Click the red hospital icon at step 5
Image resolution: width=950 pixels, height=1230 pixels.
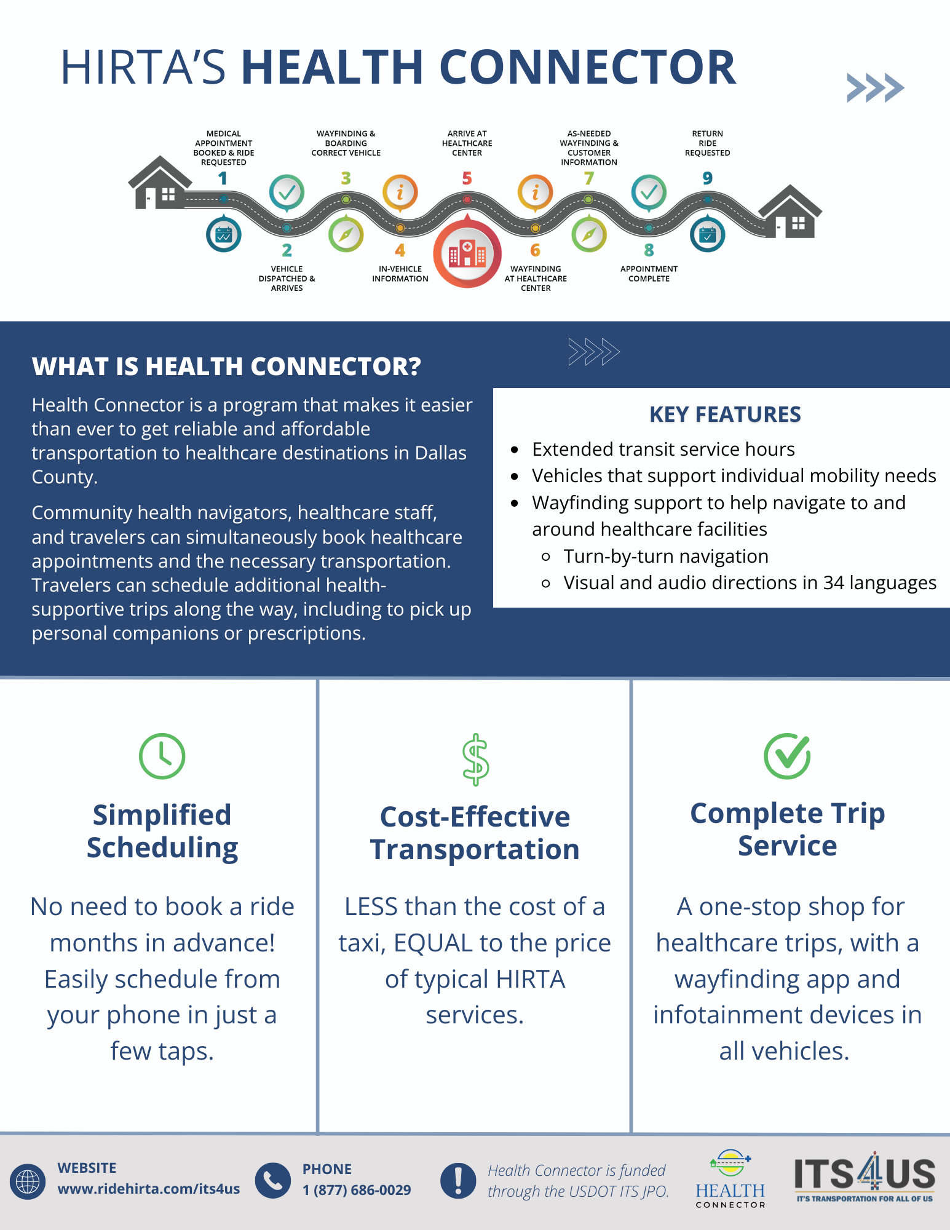pyautogui.click(x=467, y=253)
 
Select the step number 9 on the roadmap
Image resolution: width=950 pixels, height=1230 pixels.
pyautogui.click(x=707, y=178)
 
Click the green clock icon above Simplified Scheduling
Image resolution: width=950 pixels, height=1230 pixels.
pyautogui.click(x=162, y=756)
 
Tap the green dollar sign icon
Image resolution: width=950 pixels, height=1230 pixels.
pyautogui.click(x=475, y=760)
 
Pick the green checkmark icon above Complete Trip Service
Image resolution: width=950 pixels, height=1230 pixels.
pyautogui.click(x=787, y=756)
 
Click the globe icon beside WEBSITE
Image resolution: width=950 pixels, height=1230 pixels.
pyautogui.click(x=28, y=1181)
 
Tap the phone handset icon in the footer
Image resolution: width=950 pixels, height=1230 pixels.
pyautogui.click(x=272, y=1180)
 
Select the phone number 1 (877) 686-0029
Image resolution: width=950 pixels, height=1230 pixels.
pyautogui.click(x=357, y=1190)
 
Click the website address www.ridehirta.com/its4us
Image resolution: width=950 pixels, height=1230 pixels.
pyautogui.click(x=148, y=1189)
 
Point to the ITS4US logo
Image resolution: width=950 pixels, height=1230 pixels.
pyautogui.click(x=864, y=1178)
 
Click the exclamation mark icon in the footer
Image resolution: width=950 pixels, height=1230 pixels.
pyautogui.click(x=458, y=1180)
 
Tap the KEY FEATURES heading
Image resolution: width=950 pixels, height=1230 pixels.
pyautogui.click(x=725, y=415)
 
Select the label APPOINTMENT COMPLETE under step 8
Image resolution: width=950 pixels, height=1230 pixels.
pyautogui.click(x=649, y=274)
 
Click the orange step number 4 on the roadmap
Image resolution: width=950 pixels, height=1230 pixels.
pyautogui.click(x=400, y=250)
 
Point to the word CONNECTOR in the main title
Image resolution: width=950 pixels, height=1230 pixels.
pyautogui.click(x=587, y=67)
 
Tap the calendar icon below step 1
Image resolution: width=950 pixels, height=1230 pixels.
pyautogui.click(x=224, y=234)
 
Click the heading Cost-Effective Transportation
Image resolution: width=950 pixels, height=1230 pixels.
pyautogui.click(x=475, y=833)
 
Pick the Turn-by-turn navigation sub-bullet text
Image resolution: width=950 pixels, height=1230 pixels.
pyautogui.click(x=666, y=556)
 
